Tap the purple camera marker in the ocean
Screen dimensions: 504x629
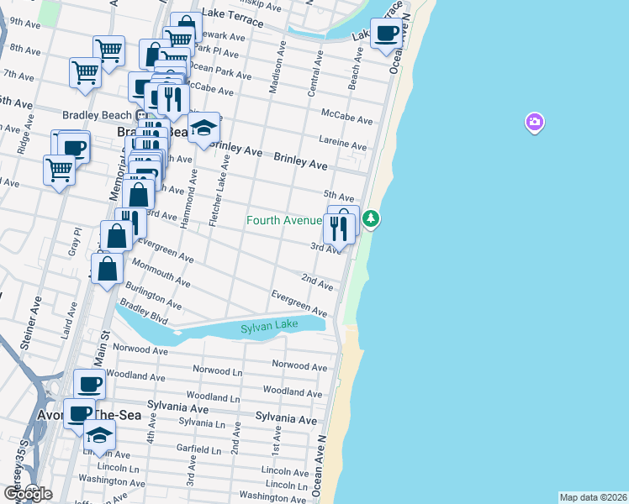[x=534, y=123]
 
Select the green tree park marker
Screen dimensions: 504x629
[x=371, y=219]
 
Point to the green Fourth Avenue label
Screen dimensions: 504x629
[x=284, y=221]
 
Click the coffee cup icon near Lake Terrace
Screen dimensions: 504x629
[x=387, y=34]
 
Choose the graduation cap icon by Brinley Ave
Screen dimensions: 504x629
[x=203, y=129]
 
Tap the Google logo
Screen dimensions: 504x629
[x=28, y=494]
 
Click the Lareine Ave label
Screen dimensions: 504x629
[x=343, y=142]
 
